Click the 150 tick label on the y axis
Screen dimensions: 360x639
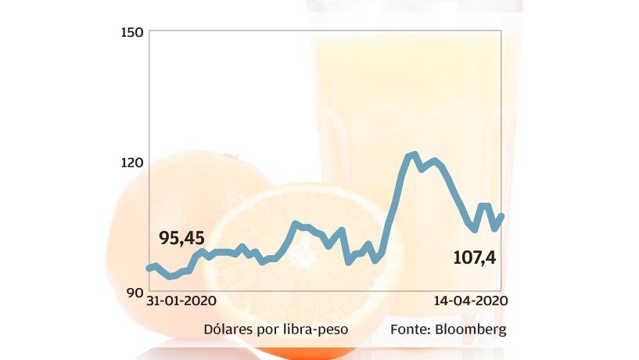[x=131, y=32]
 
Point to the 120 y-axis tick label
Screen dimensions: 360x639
[x=131, y=163]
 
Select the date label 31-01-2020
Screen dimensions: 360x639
[x=181, y=301]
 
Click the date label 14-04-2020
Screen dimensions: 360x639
[x=468, y=301]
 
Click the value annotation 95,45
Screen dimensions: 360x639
[x=181, y=238]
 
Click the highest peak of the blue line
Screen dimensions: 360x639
[x=414, y=154]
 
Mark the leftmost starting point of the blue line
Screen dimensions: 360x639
[x=149, y=268]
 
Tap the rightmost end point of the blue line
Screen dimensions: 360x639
[x=501, y=215]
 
